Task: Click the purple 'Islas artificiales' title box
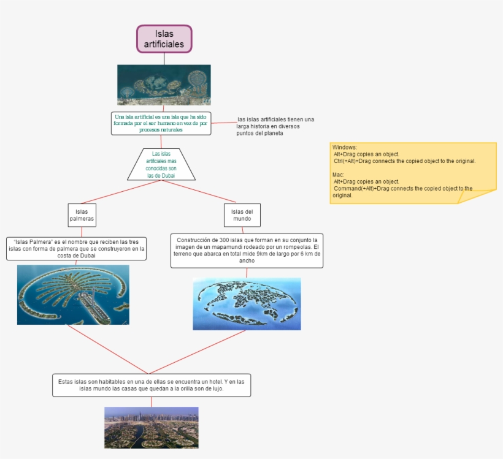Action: point(164,39)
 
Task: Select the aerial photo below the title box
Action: point(164,85)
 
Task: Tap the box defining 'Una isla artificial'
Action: point(161,123)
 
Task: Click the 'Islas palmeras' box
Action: point(82,215)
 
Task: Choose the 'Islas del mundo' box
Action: point(242,215)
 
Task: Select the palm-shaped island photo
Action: point(73,294)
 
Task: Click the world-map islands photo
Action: point(247,303)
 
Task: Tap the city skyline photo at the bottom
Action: point(151,427)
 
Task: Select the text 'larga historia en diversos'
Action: point(268,126)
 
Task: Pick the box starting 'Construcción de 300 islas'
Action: point(247,251)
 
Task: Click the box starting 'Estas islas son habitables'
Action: point(152,385)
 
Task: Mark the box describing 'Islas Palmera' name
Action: point(77,249)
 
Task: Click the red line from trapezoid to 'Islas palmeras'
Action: point(120,191)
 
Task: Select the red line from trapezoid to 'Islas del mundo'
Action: point(198,191)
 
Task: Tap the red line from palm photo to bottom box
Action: point(107,349)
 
